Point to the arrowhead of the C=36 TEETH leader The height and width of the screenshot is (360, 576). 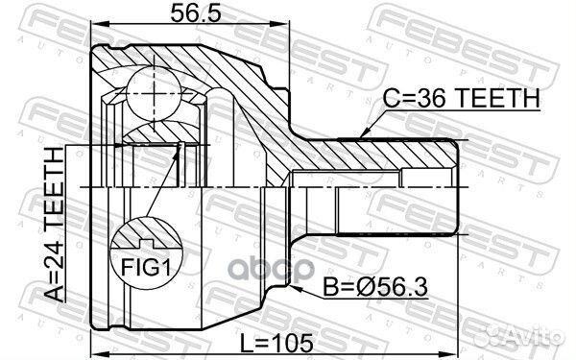point(362,135)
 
